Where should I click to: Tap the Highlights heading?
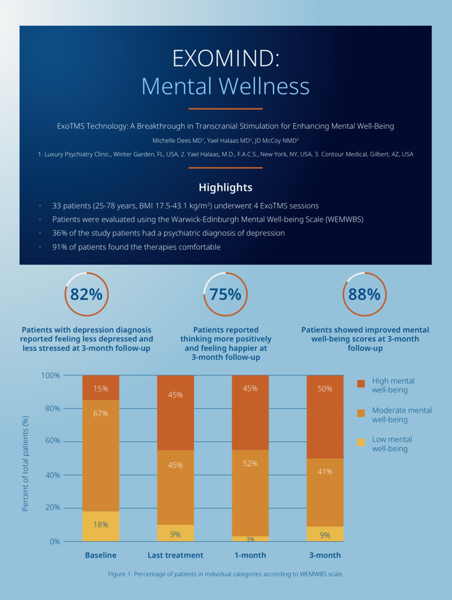point(226,187)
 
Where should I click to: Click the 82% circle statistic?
point(86,294)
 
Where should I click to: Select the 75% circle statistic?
point(225,294)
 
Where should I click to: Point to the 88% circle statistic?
point(364,294)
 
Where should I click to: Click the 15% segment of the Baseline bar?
point(101,389)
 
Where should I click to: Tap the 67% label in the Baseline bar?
point(101,413)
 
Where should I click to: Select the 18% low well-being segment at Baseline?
point(101,525)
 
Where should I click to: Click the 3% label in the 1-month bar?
point(250,539)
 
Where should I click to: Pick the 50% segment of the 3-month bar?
point(325,389)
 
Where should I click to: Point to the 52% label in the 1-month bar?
point(250,463)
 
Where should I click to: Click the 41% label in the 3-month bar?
point(325,472)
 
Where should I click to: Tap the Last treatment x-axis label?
point(175,555)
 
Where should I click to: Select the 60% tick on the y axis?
point(53,441)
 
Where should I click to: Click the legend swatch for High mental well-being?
point(361,384)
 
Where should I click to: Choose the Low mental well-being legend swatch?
point(361,442)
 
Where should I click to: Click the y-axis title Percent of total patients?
point(25,463)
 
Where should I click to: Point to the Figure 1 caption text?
point(226,574)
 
